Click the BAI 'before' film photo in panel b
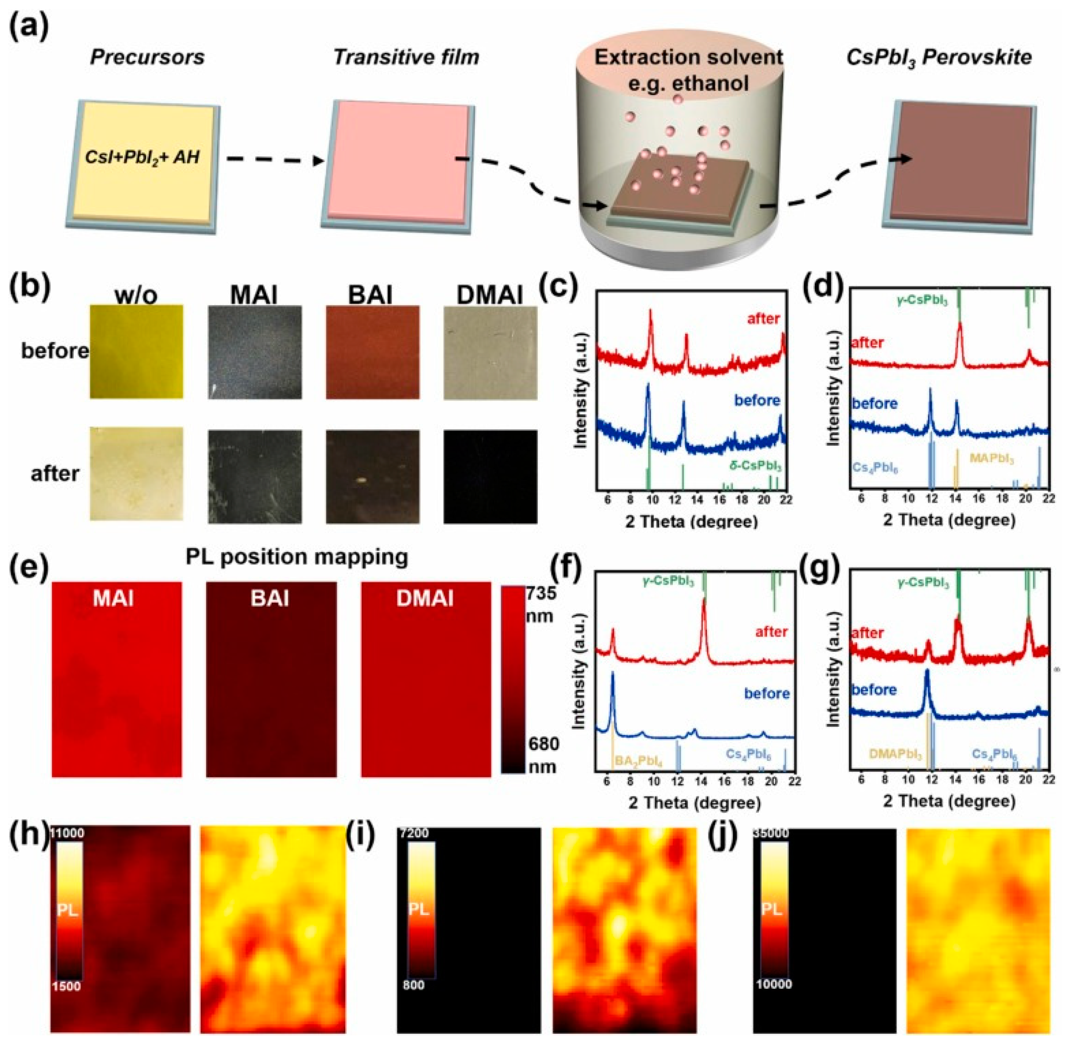372,352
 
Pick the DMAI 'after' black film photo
490,476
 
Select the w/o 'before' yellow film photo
136,352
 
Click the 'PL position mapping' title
297,557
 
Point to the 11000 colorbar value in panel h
68,833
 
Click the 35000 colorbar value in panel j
771,833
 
